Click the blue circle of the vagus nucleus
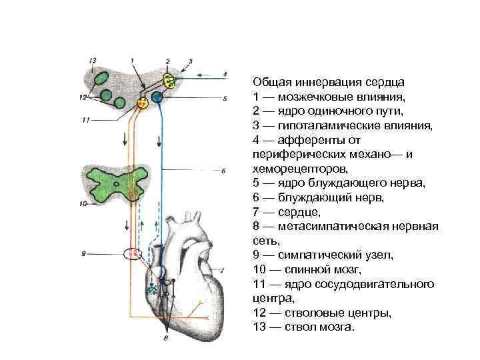(157, 98)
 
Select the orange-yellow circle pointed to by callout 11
(143, 103)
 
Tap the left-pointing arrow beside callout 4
(207, 74)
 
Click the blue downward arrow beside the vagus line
(159, 142)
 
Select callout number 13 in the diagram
(93, 59)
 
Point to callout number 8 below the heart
(165, 338)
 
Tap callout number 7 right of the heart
(222, 270)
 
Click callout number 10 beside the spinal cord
(83, 203)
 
